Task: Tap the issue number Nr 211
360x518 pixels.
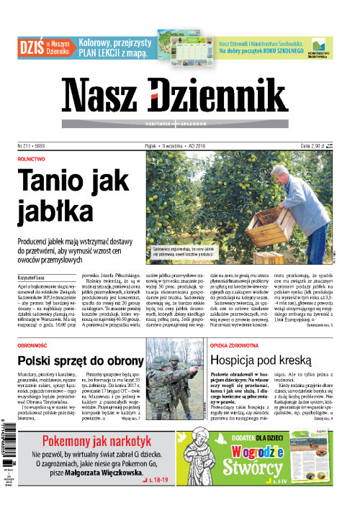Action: [28, 145]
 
